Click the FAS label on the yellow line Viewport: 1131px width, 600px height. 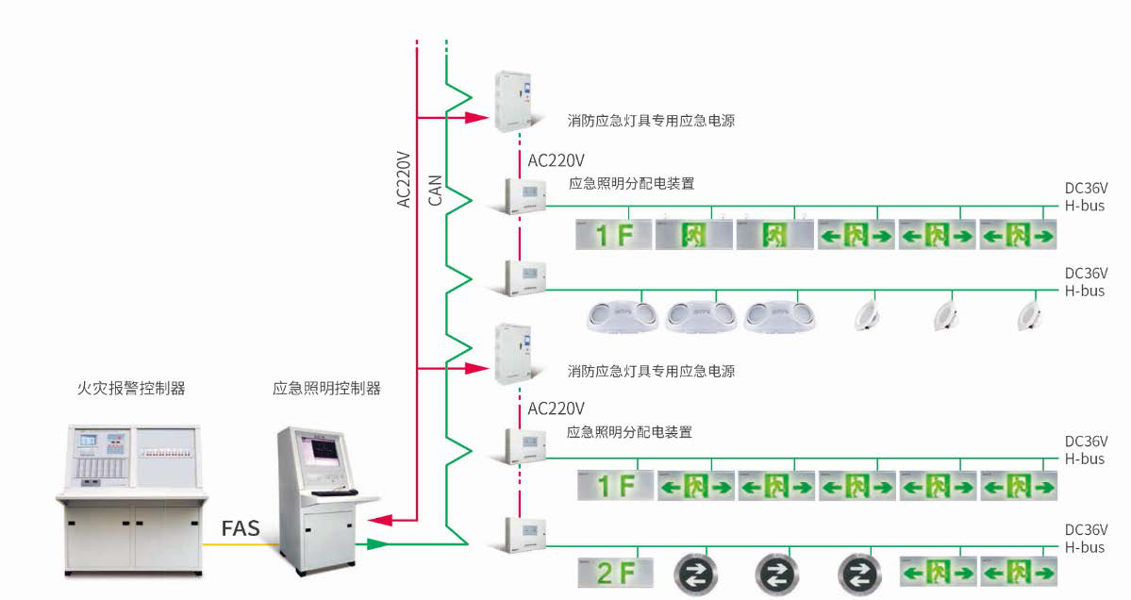point(241,527)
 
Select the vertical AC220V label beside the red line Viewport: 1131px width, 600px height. point(404,178)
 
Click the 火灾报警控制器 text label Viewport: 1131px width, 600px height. point(131,388)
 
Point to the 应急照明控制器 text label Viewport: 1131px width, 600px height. point(326,388)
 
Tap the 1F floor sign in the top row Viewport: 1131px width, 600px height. point(614,235)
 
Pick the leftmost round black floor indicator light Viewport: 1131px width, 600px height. point(696,574)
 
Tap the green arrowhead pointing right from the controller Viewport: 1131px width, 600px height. point(377,543)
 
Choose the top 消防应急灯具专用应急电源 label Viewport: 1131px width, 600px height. point(651,121)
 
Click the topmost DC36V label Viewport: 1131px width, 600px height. point(1086,190)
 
